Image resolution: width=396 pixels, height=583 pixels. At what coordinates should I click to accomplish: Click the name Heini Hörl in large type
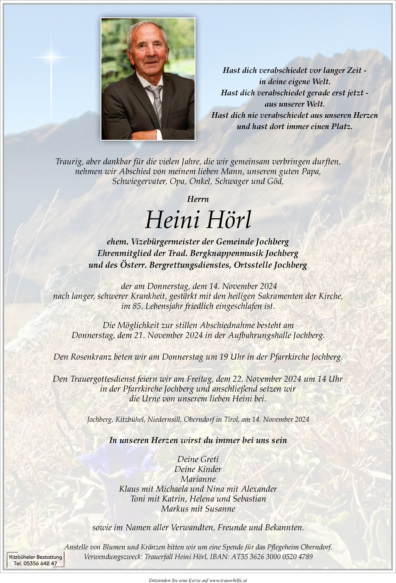(198, 220)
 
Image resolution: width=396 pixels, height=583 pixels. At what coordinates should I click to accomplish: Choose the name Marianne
(198, 479)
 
